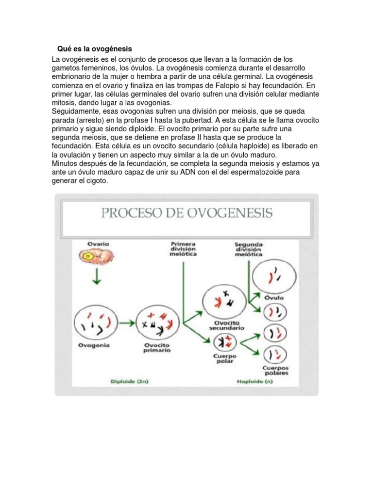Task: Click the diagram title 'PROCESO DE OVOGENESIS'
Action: click(x=186, y=213)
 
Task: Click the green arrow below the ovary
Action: click(x=97, y=277)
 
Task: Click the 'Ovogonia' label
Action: click(x=94, y=345)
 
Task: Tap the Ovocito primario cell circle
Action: click(x=156, y=323)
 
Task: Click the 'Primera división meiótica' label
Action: click(x=184, y=249)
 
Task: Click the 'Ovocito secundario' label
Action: click(x=223, y=325)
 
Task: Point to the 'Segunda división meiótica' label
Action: click(x=249, y=249)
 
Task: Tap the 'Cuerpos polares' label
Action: click(x=275, y=370)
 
